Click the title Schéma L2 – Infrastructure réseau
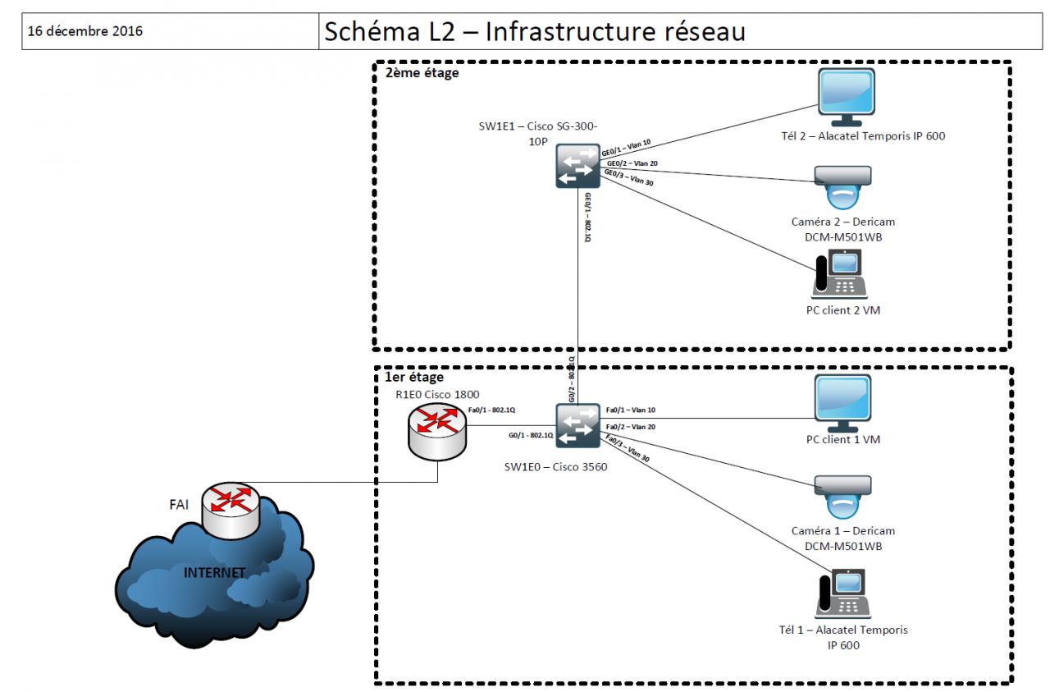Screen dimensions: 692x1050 pyautogui.click(x=535, y=32)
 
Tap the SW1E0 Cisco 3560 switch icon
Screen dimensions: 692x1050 pyautogui.click(x=577, y=425)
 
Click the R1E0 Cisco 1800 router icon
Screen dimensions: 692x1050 pyautogui.click(x=436, y=431)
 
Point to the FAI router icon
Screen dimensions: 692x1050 pyautogui.click(x=231, y=510)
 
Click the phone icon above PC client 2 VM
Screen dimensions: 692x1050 pyautogui.click(x=840, y=273)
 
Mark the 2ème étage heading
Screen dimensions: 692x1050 pyautogui.click(x=422, y=73)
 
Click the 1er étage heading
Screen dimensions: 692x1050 pyautogui.click(x=414, y=378)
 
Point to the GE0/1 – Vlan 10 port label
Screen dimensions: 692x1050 pyautogui.click(x=626, y=146)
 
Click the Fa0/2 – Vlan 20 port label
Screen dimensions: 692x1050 pyautogui.click(x=631, y=428)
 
